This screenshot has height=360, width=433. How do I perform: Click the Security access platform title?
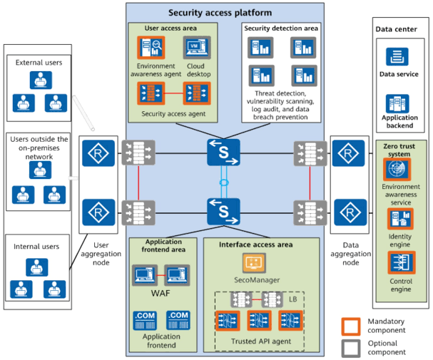pyautogui.click(x=220, y=13)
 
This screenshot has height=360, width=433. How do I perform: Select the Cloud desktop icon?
pyautogui.click(x=197, y=48)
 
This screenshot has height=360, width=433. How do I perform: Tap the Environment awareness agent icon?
pyautogui.click(x=151, y=48)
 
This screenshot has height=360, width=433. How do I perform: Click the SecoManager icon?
pyautogui.click(x=255, y=263)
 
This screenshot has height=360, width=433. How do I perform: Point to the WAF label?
pyautogui.click(x=161, y=293)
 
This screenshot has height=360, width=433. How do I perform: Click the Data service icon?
pyautogui.click(x=397, y=57)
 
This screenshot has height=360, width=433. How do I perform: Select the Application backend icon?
pyautogui.click(x=397, y=104)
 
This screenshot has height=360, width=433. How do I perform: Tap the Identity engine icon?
pyautogui.click(x=400, y=219)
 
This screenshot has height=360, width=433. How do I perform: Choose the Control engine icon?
pyautogui.click(x=401, y=262)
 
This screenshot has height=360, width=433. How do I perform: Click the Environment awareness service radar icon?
pyautogui.click(x=397, y=169)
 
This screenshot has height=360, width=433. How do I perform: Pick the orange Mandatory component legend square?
pyautogui.click(x=351, y=326)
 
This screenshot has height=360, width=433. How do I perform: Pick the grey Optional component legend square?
pyautogui.click(x=351, y=349)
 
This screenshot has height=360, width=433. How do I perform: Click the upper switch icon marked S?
pyautogui.click(x=223, y=153)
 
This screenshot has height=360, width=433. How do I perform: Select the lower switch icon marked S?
pyautogui.click(x=223, y=212)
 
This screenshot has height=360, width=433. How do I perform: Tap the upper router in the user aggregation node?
pyautogui.click(x=98, y=153)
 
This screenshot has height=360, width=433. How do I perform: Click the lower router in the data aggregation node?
pyautogui.click(x=350, y=212)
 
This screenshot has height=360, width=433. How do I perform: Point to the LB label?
pyautogui.click(x=293, y=299)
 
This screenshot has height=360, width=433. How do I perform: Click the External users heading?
pyautogui.click(x=39, y=63)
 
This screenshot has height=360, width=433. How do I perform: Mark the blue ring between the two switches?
pyautogui.click(x=224, y=182)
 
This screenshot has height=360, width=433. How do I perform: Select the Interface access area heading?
pyautogui.click(x=255, y=245)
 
